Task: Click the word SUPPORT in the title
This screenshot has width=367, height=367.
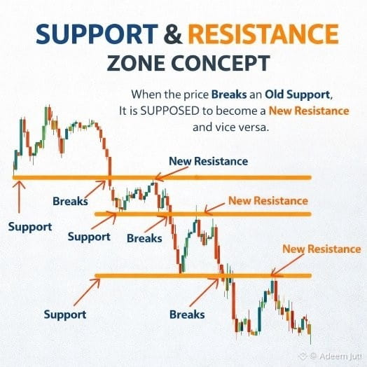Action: [x=97, y=34]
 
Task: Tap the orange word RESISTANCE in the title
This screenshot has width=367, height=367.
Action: [x=263, y=34]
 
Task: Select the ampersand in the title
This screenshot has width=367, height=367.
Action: [x=173, y=34]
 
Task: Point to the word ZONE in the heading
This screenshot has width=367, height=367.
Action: [x=136, y=63]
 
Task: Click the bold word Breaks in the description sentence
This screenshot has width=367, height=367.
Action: [x=229, y=95]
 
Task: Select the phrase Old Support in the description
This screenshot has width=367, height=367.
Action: [x=297, y=95]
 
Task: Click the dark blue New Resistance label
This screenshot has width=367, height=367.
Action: [x=208, y=161]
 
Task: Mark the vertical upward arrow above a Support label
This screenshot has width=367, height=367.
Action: [x=19, y=197]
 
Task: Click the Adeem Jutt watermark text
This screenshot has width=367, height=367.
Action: [x=340, y=356]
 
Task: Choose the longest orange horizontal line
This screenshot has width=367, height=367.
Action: [x=162, y=178]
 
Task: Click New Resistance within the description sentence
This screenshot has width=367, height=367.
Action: [x=309, y=111]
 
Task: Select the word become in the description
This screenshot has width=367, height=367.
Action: [x=236, y=111]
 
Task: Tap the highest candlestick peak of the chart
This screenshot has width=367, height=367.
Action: [x=49, y=106]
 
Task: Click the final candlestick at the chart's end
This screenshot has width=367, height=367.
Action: [x=310, y=333]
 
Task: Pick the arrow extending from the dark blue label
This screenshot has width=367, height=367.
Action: [x=172, y=174]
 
